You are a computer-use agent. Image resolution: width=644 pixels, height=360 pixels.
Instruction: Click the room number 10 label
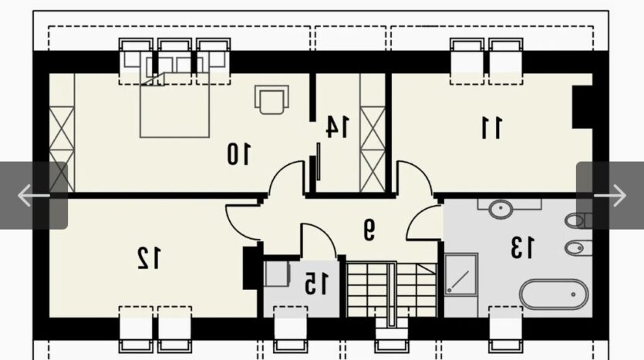click(x=238, y=153)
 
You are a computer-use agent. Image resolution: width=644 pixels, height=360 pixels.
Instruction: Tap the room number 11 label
click(x=491, y=128)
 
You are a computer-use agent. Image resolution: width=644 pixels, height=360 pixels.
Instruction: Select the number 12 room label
click(x=148, y=257)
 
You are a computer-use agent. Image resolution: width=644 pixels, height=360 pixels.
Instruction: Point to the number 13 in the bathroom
click(x=522, y=247)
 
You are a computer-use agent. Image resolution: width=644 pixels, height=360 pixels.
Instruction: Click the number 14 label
click(x=337, y=126)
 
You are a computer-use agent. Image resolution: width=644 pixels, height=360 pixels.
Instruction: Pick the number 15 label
click(x=316, y=284)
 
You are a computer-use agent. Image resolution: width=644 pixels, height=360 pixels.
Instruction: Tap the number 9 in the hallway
click(x=369, y=229)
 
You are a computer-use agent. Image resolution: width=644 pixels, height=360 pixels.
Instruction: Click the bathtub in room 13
click(x=554, y=294)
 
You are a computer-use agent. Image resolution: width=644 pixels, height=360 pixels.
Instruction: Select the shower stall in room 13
click(x=461, y=274)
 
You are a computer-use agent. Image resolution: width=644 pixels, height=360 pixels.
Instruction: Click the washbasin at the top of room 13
click(x=501, y=209)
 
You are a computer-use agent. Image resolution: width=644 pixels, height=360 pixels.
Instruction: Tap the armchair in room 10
click(x=271, y=99)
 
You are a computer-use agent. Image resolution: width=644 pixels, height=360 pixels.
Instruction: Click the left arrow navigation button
click(x=34, y=195)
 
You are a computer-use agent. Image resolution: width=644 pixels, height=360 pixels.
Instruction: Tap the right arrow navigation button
click(x=610, y=195)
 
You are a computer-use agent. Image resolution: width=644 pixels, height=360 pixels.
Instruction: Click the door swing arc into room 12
click(x=236, y=228)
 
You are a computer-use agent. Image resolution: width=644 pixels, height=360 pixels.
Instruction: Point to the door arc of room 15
click(x=325, y=234)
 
